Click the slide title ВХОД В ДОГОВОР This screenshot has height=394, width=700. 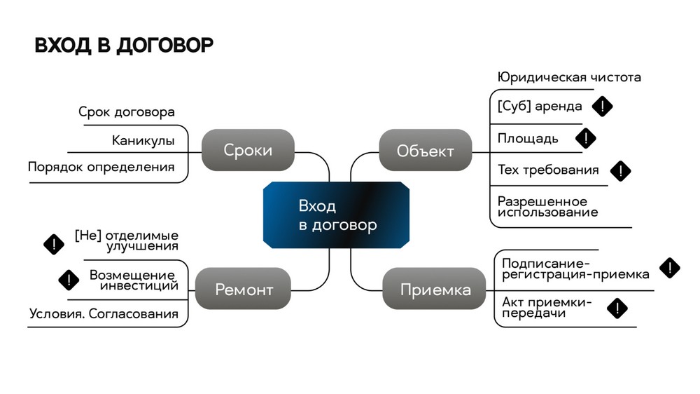point(124,46)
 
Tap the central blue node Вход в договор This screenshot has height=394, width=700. point(337,216)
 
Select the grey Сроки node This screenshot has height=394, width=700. point(248,150)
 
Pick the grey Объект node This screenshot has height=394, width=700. point(425,150)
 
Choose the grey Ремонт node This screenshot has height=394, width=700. point(244,289)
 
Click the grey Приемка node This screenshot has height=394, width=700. point(435,289)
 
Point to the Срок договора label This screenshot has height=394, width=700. point(127,112)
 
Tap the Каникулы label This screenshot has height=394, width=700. point(143,140)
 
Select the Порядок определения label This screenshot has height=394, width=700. point(101,167)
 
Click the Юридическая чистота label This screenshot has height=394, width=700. point(569,77)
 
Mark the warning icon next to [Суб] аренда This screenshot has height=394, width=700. point(602,107)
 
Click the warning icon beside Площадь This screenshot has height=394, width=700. point(585,137)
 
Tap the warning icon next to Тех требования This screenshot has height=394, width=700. point(620,170)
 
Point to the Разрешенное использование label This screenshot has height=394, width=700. point(547,206)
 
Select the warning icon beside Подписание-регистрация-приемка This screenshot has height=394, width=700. point(670,267)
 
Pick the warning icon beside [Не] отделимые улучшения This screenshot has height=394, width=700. point(54,243)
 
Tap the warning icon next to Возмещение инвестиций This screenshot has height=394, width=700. point(69,280)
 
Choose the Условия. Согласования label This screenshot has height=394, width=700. point(104,313)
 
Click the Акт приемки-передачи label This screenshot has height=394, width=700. point(547,308)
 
